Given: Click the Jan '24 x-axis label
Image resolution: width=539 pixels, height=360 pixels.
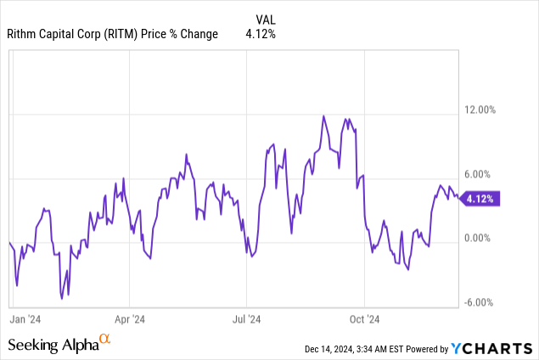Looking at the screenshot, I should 25,319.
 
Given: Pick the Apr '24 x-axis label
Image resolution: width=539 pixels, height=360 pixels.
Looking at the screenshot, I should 129,319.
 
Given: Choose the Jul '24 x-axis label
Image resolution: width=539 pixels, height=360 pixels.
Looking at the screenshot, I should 246,319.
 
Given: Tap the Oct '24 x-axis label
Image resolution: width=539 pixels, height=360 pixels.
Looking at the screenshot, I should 363,319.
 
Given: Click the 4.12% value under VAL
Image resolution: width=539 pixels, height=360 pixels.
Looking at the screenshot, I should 261,34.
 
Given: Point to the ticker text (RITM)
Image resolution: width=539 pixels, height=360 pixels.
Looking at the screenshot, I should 130,34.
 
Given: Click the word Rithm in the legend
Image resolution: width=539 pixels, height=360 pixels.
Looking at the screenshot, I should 25,34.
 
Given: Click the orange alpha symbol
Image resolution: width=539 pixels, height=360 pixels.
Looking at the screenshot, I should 105,340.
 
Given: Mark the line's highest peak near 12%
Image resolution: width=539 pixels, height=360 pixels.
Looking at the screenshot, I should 324,115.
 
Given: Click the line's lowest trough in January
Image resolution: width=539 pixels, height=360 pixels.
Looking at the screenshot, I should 61,297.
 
